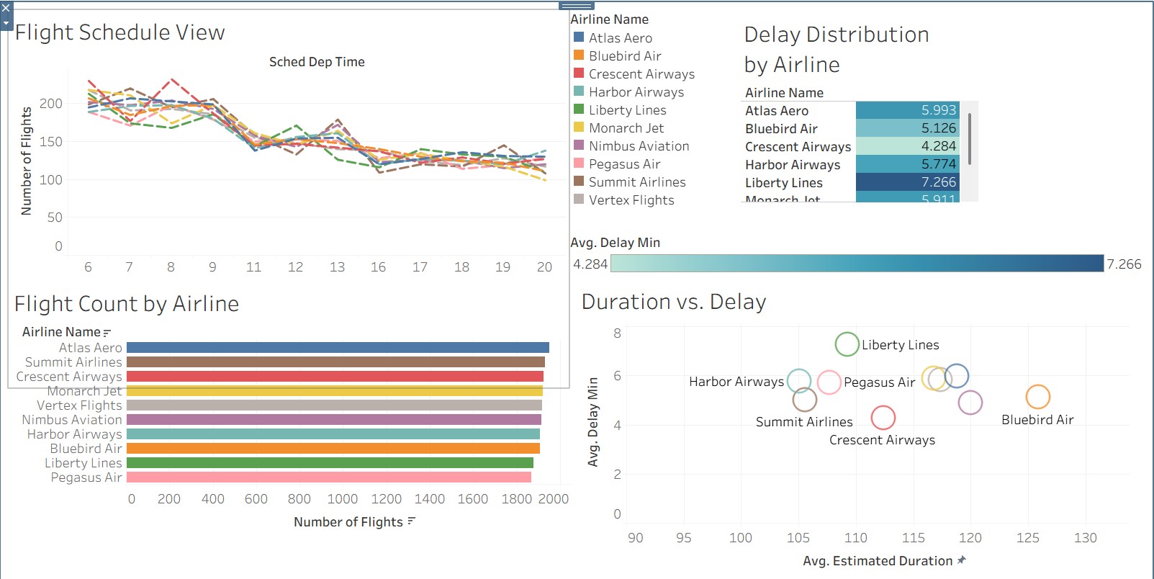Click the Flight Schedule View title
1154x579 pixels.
(x=120, y=32)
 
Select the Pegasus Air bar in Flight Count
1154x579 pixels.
(x=328, y=477)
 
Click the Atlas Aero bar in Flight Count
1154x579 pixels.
(x=337, y=347)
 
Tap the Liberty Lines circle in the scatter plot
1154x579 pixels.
(x=847, y=344)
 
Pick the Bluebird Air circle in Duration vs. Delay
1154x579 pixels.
(x=1037, y=396)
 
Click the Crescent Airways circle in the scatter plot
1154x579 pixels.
(x=883, y=417)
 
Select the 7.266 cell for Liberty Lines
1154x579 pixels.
(x=907, y=182)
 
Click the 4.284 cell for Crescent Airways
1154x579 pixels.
(x=907, y=146)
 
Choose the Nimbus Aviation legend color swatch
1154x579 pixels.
(x=579, y=145)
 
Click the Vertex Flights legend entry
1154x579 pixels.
(x=631, y=200)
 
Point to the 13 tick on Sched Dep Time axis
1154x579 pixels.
(x=337, y=267)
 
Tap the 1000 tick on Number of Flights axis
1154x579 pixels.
(x=343, y=499)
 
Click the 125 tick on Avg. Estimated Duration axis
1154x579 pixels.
(x=1027, y=538)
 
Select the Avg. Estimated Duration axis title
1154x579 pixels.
(x=878, y=561)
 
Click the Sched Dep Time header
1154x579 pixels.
(x=317, y=62)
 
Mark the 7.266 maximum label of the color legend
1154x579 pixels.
(x=1124, y=264)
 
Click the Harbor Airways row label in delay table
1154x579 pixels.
(x=793, y=165)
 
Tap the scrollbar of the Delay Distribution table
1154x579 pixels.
(x=970, y=138)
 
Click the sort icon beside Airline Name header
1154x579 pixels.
(x=107, y=333)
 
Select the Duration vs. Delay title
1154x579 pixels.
(x=673, y=302)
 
